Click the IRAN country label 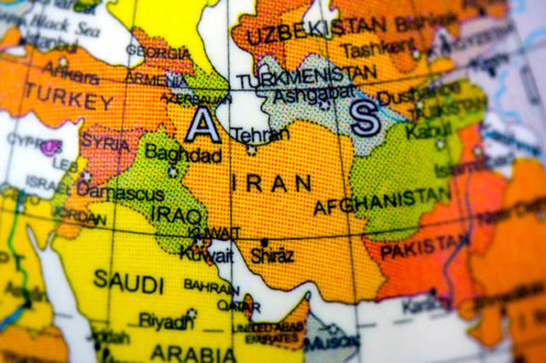pos(271,181)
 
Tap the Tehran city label pos(253,135)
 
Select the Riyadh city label pos(167,321)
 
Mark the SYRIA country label pos(106,143)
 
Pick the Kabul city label pos(424,132)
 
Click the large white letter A pos(202,125)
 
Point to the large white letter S pos(365,119)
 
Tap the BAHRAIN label pos(211,287)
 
